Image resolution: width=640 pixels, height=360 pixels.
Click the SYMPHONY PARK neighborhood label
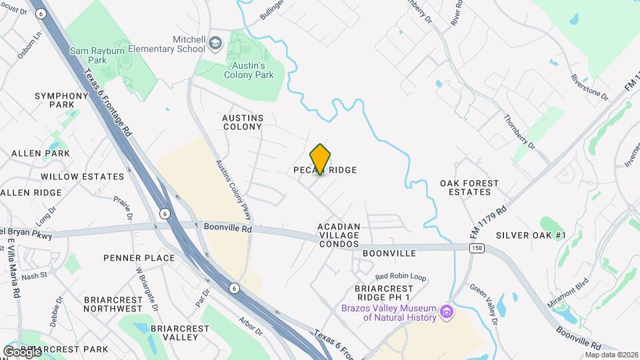61,100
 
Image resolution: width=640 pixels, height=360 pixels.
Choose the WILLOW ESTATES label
82,177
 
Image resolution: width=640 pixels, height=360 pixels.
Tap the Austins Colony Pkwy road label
234,190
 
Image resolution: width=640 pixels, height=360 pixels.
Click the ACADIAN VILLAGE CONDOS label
339,235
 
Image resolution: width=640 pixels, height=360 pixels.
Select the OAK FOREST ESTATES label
465,187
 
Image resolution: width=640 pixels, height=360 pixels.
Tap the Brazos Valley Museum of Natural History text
389,313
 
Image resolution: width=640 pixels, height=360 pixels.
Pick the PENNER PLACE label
139,258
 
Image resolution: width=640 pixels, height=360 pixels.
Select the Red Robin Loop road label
400,276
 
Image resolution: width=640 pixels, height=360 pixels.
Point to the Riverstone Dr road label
590,88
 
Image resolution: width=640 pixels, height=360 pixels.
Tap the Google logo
22,351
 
